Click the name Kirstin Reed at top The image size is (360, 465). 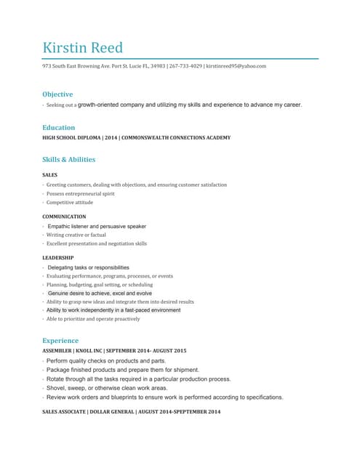83,48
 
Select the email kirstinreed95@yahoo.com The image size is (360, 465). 236,66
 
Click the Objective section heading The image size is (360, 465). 57,94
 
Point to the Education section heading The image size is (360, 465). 58,127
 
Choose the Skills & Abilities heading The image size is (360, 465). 68,159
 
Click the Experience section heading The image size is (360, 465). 60,340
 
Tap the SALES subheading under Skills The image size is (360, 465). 50,175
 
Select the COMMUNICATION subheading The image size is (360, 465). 64,217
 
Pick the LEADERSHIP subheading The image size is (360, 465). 57,257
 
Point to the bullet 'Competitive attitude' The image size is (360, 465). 70,203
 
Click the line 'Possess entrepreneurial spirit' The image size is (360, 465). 80,194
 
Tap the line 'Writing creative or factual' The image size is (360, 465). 76,235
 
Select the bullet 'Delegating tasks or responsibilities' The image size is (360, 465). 88,267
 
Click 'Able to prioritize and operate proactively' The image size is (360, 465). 93,319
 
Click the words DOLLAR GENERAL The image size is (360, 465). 114,412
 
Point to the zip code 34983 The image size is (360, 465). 157,66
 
